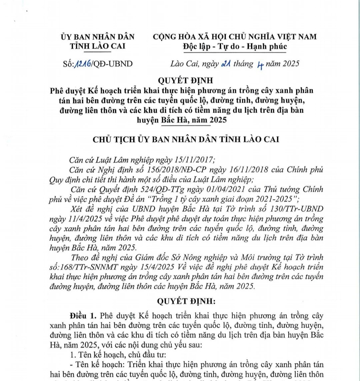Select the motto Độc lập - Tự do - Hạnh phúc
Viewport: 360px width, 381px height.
click(235, 47)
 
